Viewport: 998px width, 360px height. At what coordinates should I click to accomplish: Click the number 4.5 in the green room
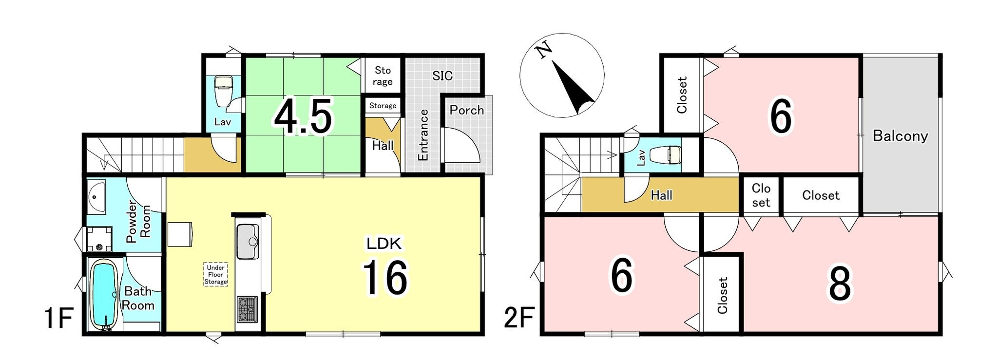(x=303, y=116)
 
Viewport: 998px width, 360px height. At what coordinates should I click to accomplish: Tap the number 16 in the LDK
(x=385, y=277)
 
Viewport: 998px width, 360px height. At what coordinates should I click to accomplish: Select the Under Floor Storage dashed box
(x=215, y=275)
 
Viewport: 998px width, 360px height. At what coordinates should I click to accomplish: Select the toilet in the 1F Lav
(x=224, y=91)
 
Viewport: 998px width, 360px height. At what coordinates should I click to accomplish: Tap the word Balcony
(x=900, y=136)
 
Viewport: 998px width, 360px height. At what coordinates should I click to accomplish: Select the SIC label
(x=442, y=76)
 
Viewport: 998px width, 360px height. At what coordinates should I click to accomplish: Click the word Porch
(x=466, y=110)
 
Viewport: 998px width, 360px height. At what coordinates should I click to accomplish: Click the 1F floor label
(x=58, y=319)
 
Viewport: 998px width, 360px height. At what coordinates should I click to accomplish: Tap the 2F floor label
(x=519, y=319)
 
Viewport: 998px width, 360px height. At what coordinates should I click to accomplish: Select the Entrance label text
(x=423, y=135)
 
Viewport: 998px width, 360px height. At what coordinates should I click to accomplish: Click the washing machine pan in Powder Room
(x=99, y=239)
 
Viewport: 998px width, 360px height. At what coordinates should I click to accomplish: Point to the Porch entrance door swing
(x=462, y=145)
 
